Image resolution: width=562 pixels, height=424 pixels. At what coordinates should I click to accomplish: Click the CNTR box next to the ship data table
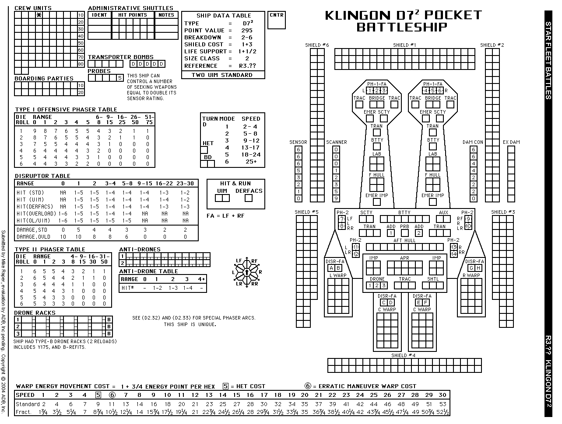(x=277, y=20)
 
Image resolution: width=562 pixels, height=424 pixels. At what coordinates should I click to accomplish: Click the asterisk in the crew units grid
(x=39, y=15)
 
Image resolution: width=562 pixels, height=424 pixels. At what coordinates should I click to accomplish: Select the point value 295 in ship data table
(x=247, y=31)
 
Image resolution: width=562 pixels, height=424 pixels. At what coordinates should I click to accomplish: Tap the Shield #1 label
(x=404, y=45)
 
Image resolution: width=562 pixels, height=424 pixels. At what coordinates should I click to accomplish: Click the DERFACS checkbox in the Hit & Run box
(x=248, y=198)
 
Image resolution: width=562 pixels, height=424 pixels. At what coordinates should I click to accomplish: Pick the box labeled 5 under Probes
(x=120, y=78)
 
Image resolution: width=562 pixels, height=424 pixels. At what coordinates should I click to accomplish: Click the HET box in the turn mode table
(x=204, y=150)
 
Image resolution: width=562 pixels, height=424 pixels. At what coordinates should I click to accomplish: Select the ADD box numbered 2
(x=419, y=233)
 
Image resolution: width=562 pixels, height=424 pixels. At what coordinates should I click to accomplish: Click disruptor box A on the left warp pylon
(x=331, y=268)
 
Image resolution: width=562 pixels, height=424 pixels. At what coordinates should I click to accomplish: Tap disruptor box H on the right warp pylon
(x=478, y=268)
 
